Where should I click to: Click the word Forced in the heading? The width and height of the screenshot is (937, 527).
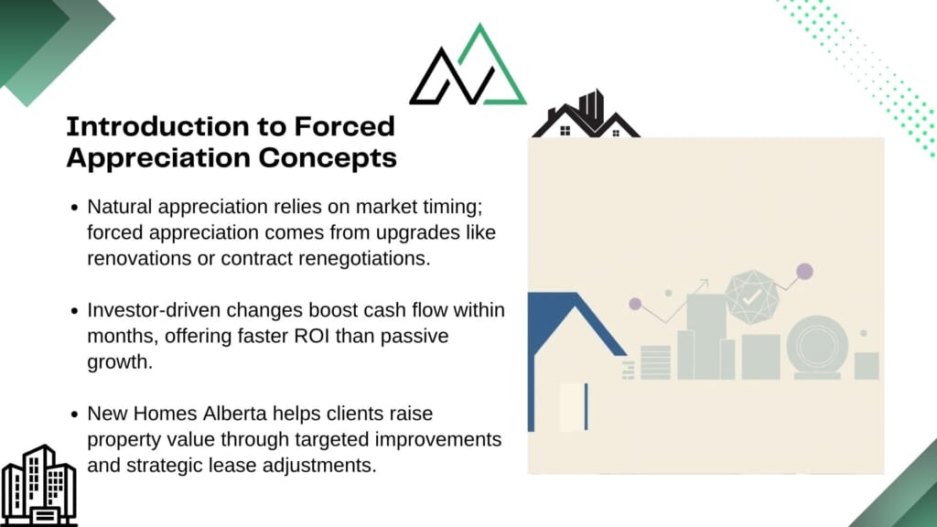pyautogui.click(x=344, y=126)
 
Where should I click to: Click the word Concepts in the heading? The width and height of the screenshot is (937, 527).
pyautogui.click(x=328, y=157)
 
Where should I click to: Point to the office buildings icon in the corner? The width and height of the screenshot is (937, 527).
pyautogui.click(x=38, y=485)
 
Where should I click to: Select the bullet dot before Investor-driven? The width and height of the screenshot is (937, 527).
pyautogui.click(x=74, y=311)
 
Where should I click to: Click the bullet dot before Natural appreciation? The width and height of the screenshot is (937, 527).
pyautogui.click(x=74, y=208)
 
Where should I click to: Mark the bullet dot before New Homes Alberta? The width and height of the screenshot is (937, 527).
pyautogui.click(x=74, y=414)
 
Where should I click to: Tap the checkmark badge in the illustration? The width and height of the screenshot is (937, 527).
pyautogui.click(x=752, y=297)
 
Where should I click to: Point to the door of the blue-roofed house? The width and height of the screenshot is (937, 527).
pyautogui.click(x=574, y=406)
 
